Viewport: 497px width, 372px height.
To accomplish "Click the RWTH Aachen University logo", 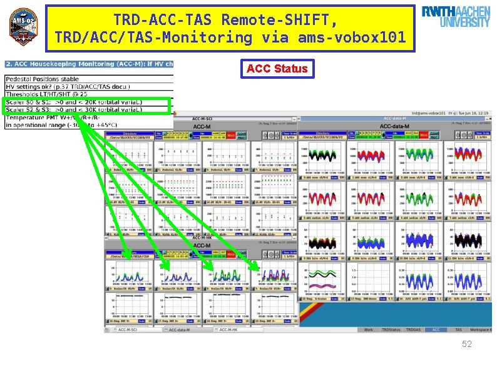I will pyautogui.click(x=456, y=17).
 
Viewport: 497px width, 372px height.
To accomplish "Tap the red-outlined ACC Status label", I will pyautogui.click(x=277, y=69).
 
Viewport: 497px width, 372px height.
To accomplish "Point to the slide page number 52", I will pyautogui.click(x=466, y=344).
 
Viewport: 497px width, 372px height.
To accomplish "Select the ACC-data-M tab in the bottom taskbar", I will pyautogui.click(x=182, y=329).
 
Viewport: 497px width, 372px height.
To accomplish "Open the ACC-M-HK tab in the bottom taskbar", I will pyautogui.click(x=232, y=329).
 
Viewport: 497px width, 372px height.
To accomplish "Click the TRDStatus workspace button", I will pyautogui.click(x=391, y=329).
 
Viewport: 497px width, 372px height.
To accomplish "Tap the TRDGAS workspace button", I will pyautogui.click(x=413, y=329).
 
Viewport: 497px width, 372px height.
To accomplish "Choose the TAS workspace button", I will pyautogui.click(x=458, y=329).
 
